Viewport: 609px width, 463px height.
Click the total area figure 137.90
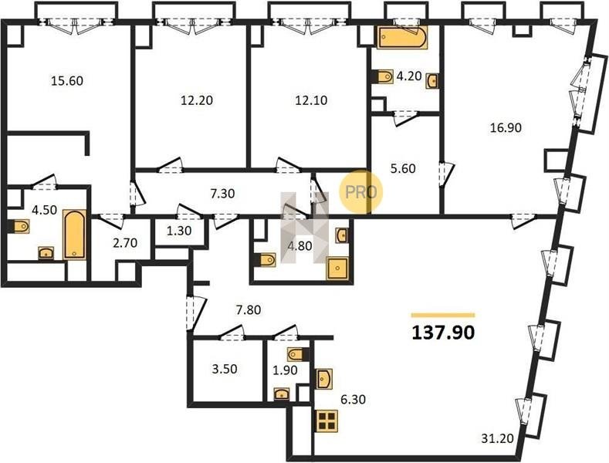(x=443, y=333)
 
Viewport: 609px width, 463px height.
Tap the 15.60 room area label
(x=67, y=81)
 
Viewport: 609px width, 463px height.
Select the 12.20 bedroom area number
(x=197, y=100)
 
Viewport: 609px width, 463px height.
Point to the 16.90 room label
(x=506, y=127)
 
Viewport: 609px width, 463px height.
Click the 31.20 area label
(x=497, y=438)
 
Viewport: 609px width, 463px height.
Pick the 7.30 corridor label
(x=222, y=193)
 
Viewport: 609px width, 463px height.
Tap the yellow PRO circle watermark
(x=360, y=192)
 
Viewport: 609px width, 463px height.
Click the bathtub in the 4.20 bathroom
(x=402, y=37)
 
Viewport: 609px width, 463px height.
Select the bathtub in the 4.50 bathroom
(x=74, y=235)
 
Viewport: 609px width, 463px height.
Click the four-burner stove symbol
(x=326, y=421)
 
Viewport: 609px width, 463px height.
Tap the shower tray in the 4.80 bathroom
(x=337, y=269)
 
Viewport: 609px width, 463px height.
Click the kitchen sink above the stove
(x=324, y=379)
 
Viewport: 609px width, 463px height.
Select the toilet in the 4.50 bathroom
(x=19, y=226)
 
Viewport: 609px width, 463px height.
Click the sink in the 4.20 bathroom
(x=432, y=81)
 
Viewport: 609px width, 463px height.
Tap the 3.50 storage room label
(x=225, y=369)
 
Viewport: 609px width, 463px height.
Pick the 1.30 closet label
(x=178, y=231)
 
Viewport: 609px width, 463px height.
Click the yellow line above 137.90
(x=443, y=315)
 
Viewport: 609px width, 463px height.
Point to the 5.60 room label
(x=403, y=168)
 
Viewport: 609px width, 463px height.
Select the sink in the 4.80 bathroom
(x=342, y=235)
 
